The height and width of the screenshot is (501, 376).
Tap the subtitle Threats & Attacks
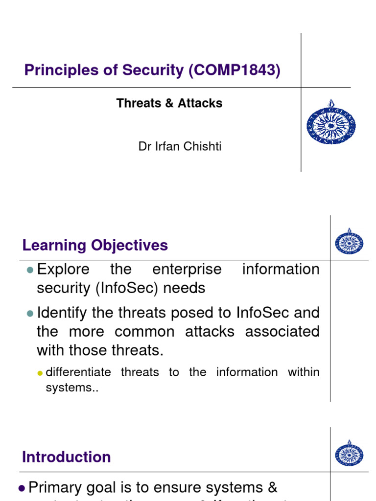169,103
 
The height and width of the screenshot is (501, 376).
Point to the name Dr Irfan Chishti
180,147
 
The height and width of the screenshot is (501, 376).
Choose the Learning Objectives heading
95,246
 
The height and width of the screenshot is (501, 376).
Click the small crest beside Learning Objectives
349,242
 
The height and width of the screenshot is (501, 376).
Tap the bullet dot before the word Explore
30,270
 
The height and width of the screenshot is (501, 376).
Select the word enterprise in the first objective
187,270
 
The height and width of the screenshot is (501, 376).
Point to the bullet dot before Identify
30,313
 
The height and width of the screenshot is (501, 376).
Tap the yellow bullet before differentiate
41,373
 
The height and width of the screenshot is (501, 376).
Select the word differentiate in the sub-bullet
78,372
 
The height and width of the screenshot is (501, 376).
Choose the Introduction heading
67,457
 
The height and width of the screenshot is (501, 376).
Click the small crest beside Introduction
349,453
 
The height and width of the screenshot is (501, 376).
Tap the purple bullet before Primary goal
22,488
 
